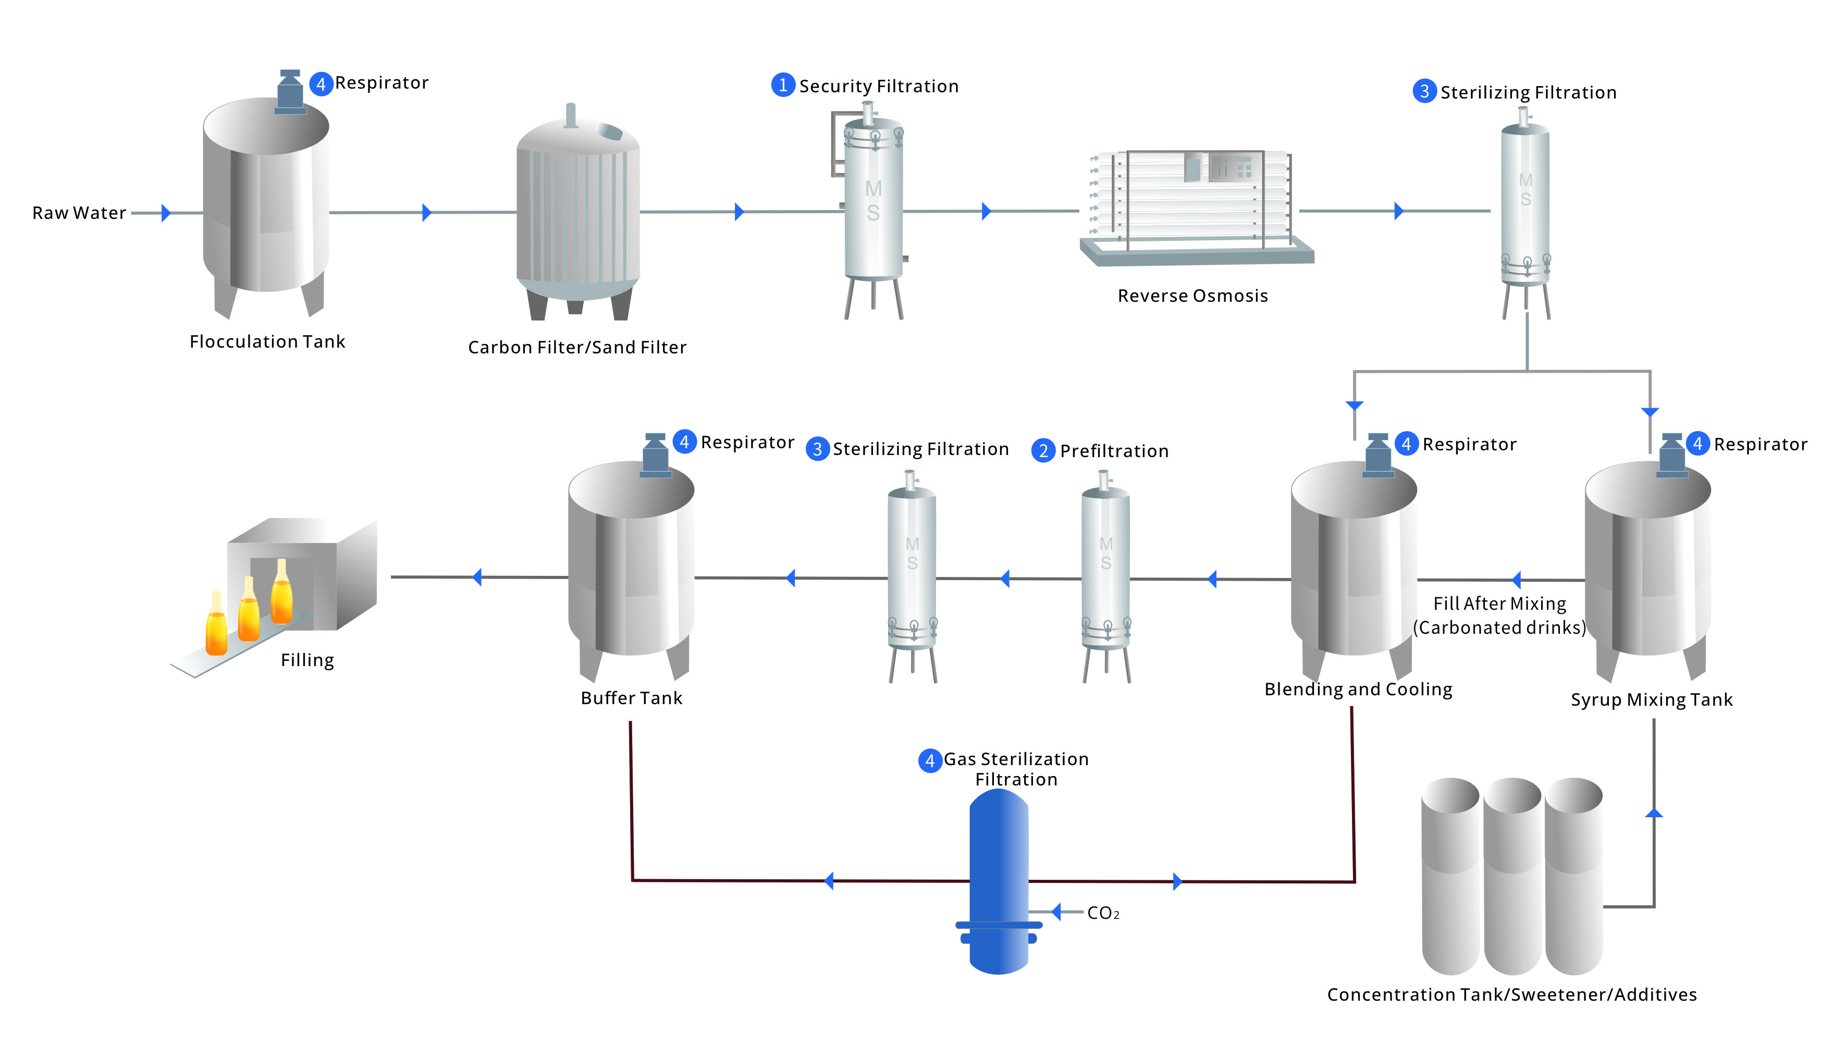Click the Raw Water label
[80, 213]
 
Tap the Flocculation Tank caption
[267, 342]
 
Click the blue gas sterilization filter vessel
[999, 881]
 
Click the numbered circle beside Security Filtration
[783, 85]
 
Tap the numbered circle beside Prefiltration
[1043, 451]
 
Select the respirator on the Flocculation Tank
[290, 92]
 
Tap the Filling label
[307, 660]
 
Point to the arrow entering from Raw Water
[166, 213]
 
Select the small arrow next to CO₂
[1056, 912]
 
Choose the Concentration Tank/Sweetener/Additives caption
[1512, 995]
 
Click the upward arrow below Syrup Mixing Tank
[1654, 814]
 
